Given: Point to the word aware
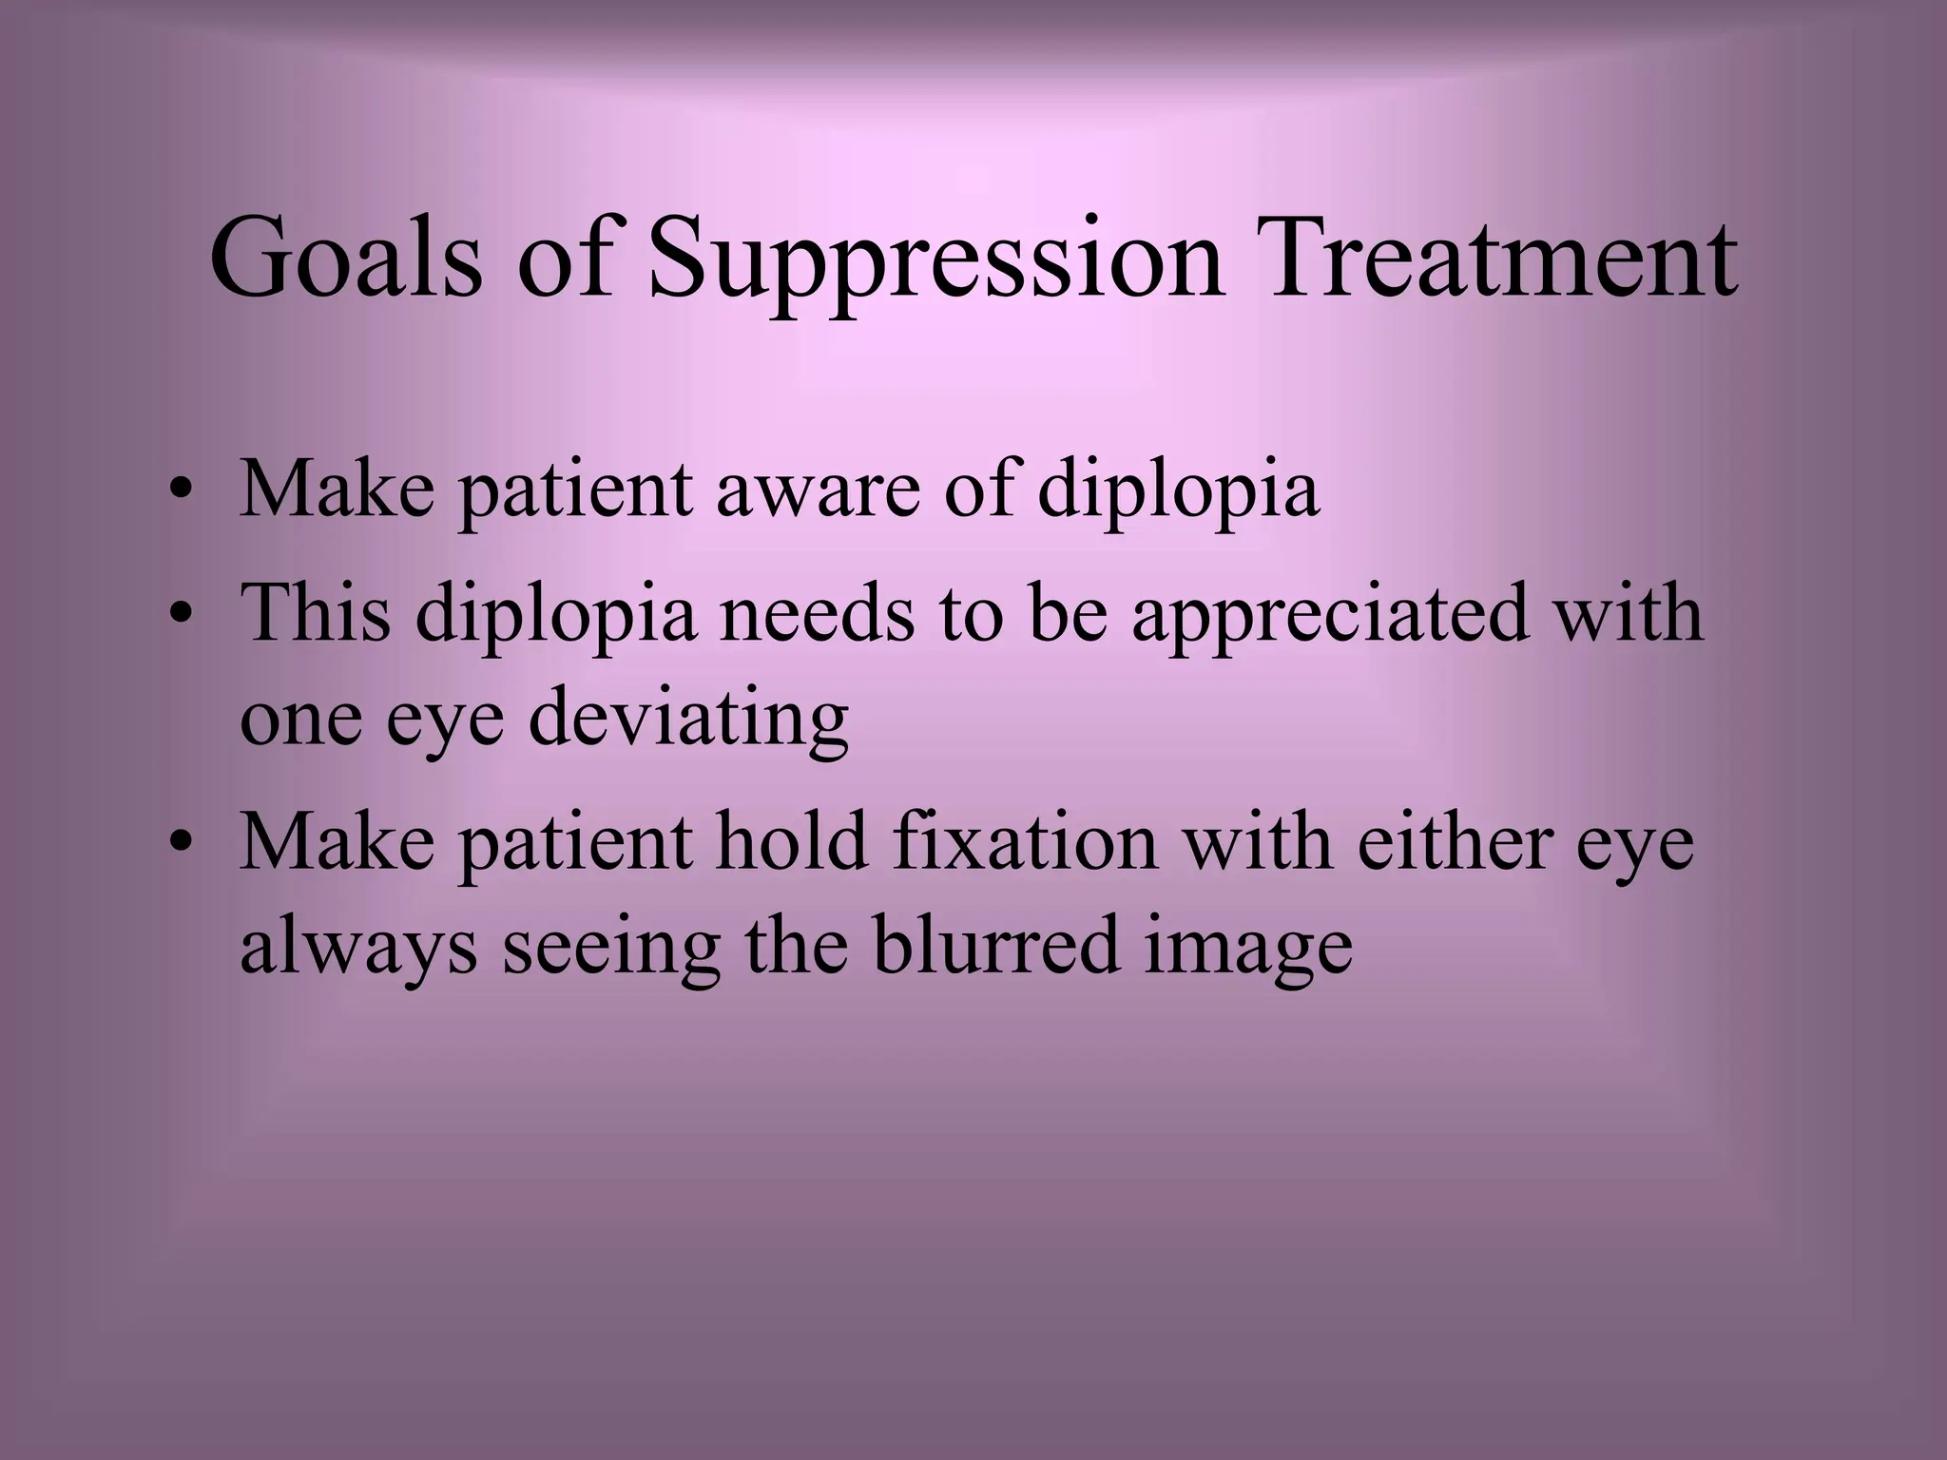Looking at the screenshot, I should click(818, 490).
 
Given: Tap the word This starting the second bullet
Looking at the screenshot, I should click(315, 613).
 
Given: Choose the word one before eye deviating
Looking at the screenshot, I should click(301, 720).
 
